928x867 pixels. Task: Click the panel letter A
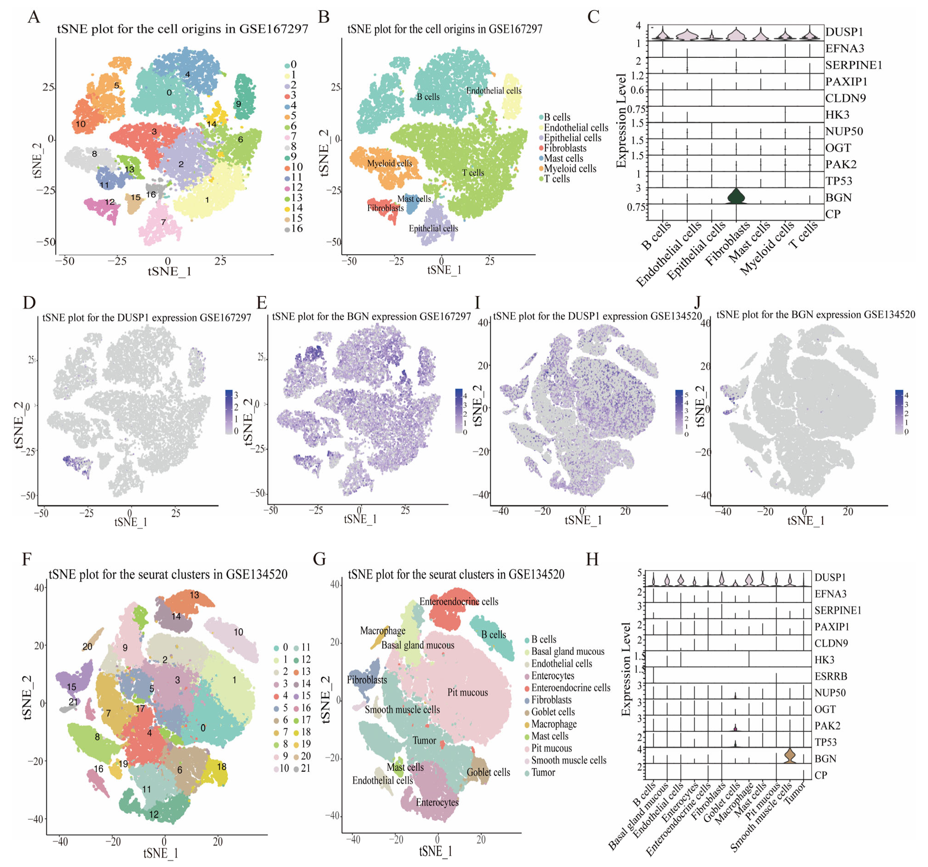pos(33,17)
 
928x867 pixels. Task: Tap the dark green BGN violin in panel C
pos(736,196)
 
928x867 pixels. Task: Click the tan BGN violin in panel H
pos(789,755)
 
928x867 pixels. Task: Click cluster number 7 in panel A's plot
pos(163,222)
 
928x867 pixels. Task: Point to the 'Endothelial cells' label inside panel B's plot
pos(494,91)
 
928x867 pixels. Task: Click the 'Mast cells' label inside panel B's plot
pos(414,199)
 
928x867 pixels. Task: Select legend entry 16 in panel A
pos(296,229)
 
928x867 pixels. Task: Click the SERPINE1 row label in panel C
pos(853,65)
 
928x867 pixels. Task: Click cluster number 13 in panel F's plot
pos(194,595)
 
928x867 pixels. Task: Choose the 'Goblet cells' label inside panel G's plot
pos(488,772)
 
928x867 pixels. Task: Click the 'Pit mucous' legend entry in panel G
pos(551,748)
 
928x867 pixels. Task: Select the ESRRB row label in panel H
pos(830,676)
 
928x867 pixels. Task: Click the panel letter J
pos(697,303)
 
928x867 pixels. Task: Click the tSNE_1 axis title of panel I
pos(583,520)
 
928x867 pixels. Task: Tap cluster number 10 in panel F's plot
pos(239,632)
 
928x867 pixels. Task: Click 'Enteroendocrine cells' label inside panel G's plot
pos(458,601)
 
